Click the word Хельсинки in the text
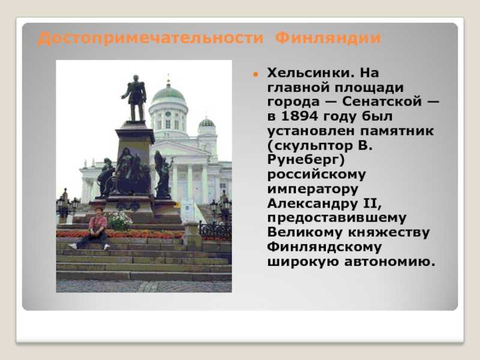308,73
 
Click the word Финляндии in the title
328,38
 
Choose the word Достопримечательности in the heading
151,38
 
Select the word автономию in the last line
389,262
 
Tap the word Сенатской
382,101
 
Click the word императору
313,190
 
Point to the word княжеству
389,233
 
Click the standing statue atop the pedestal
134,98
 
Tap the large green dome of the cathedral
169,94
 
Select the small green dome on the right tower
206,123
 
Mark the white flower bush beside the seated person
119,221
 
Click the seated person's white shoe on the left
72,246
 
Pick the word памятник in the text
397,131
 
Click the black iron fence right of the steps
215,230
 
